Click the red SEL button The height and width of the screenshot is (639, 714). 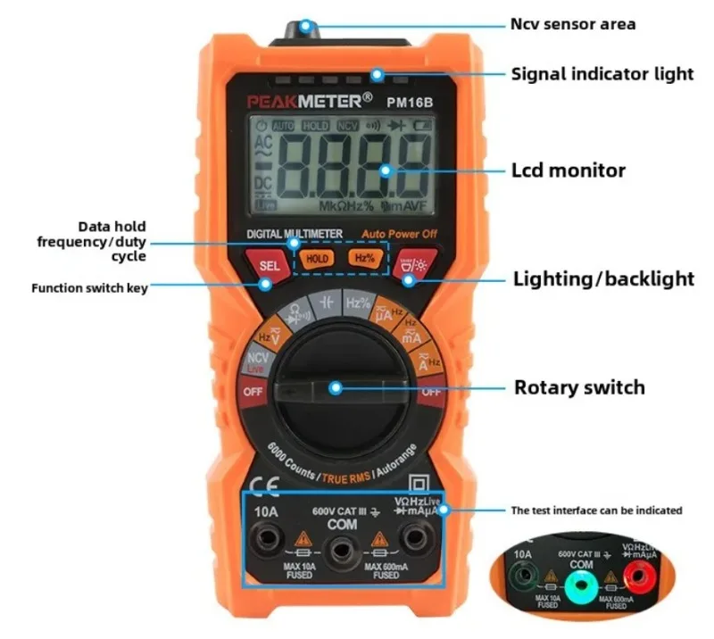[x=270, y=265]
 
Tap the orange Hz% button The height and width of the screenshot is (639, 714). [x=364, y=258]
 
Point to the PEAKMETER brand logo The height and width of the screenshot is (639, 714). [x=303, y=101]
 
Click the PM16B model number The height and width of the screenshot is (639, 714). [x=410, y=102]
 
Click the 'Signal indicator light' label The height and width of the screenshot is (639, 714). [x=602, y=74]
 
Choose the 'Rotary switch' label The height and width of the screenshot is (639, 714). [x=578, y=387]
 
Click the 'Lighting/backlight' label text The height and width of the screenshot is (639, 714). [x=603, y=278]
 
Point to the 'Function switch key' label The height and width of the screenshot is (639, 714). [x=89, y=288]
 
